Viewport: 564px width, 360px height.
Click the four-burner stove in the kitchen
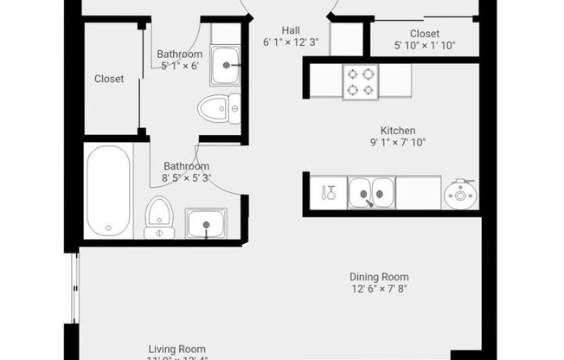pyautogui.click(x=362, y=80)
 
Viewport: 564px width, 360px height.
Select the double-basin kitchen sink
pyautogui.click(x=371, y=192)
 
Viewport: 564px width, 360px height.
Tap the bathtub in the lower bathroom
pyautogui.click(x=109, y=191)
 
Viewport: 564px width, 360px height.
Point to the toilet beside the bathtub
pyautogui.click(x=158, y=217)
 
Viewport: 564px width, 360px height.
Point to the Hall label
pyautogui.click(x=290, y=29)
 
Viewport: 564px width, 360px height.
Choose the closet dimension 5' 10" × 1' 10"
pyautogui.click(x=424, y=46)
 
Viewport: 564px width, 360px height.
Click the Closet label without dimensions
pyautogui.click(x=109, y=79)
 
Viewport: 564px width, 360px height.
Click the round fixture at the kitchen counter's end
pyautogui.click(x=458, y=193)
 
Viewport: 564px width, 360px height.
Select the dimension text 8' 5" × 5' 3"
pyautogui.click(x=187, y=179)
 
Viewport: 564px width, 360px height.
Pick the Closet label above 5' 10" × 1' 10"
pyautogui.click(x=424, y=34)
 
